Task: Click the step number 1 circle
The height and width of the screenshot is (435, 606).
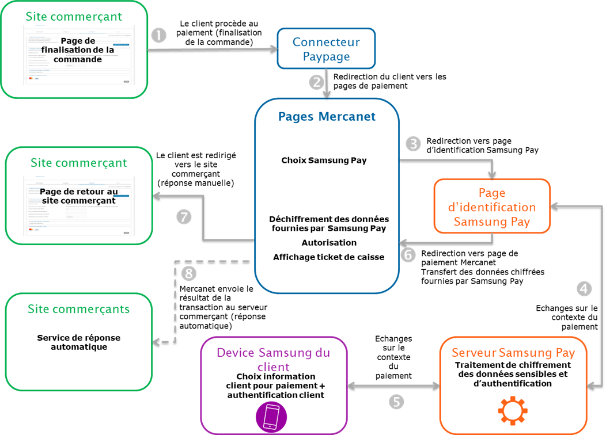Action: pos(158,35)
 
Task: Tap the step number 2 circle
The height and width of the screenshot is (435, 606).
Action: pos(316,82)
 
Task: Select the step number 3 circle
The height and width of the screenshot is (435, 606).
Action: pos(412,143)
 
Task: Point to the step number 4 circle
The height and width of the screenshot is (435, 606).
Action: pos(585,289)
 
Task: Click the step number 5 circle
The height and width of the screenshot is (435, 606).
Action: pos(396,401)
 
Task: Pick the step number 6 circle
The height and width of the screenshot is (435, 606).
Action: pos(408,254)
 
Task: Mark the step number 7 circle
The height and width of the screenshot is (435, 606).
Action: pos(183,217)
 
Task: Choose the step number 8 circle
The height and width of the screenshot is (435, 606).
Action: pos(188,273)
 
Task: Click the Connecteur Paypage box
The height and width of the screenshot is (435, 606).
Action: pos(326,49)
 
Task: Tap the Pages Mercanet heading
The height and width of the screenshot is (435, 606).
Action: pos(327,117)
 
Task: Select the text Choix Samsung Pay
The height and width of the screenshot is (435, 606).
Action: pos(324,161)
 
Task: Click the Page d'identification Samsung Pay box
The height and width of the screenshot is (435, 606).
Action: pos(491,207)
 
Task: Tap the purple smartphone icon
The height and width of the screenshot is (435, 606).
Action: pos(271,416)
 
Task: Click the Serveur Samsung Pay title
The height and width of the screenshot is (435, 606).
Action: pos(512,353)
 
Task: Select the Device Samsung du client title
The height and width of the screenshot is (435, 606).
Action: pos(273,359)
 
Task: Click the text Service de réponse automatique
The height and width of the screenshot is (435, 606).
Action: pos(79,342)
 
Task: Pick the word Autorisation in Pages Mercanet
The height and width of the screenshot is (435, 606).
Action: pos(328,243)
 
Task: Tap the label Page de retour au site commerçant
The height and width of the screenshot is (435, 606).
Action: pos(79,196)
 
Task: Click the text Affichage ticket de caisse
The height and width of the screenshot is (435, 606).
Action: pos(328,257)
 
